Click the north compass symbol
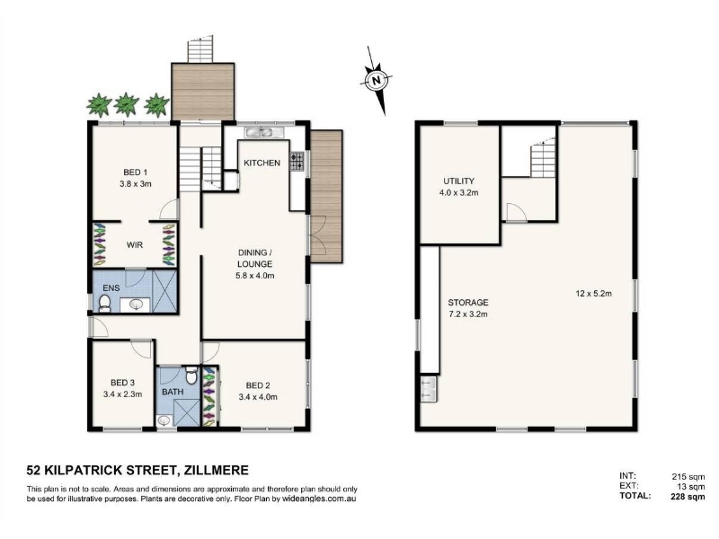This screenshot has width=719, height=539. click(377, 81)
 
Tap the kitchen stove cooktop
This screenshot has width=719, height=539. click(297, 162)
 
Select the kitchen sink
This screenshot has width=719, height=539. click(259, 132)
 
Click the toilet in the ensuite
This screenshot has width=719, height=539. click(105, 304)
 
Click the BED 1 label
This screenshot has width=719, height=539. click(136, 172)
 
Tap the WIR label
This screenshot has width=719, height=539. click(135, 245)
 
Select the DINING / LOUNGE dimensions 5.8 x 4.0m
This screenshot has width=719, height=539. click(255, 276)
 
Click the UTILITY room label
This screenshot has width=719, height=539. click(458, 181)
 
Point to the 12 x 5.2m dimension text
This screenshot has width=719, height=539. click(594, 294)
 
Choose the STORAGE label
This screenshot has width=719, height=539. click(468, 303)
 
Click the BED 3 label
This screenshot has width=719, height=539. click(122, 383)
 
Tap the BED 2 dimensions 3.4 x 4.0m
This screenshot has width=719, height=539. click(258, 397)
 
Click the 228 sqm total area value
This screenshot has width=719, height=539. click(686, 496)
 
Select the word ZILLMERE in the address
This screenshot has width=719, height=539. click(216, 470)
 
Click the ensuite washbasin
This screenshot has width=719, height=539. click(136, 305)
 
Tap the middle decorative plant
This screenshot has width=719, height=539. click(126, 104)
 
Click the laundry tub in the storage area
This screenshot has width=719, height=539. click(429, 389)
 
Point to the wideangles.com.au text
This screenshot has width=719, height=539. click(319, 499)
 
